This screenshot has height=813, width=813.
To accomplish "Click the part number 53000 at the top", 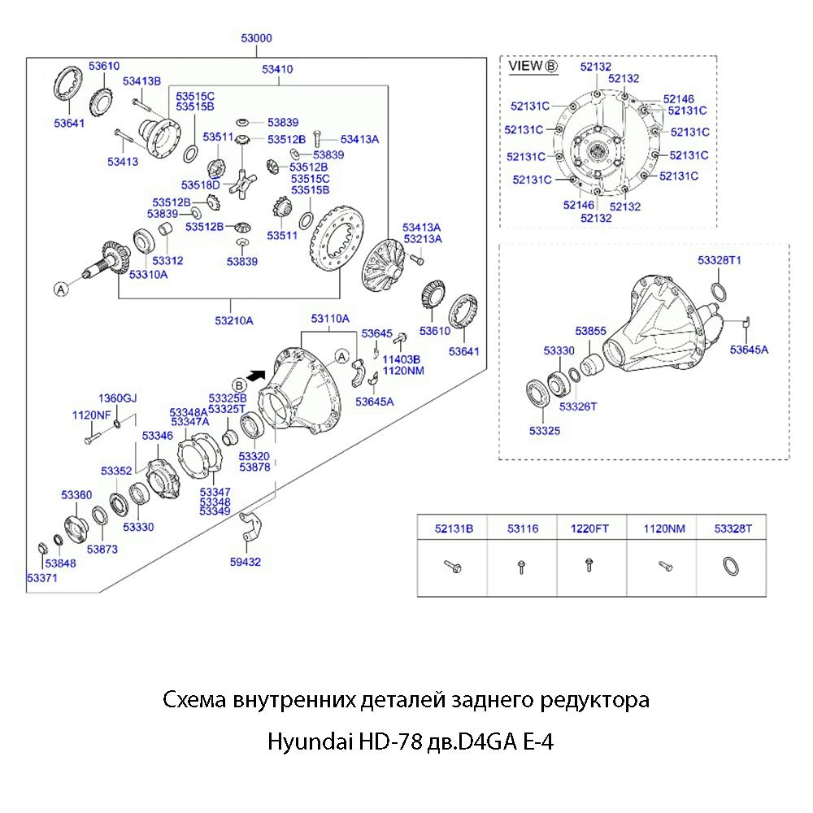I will click(256, 37).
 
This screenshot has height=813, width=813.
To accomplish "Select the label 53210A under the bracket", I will click(234, 320).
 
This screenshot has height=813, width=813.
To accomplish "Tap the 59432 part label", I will click(245, 561).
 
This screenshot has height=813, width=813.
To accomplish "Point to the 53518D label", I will click(200, 185).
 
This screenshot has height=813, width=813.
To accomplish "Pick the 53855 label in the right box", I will click(591, 331).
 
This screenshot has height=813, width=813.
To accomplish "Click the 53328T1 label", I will click(720, 260).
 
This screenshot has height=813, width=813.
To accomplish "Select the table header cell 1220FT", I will click(589, 528).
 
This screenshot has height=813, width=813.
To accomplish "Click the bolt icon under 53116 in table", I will click(521, 565).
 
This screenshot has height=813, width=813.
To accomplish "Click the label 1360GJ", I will click(118, 398).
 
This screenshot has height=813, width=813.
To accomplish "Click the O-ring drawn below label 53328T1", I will click(720, 290).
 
